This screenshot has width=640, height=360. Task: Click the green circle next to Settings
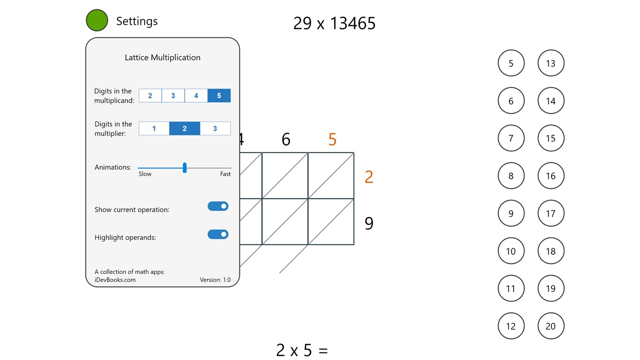point(97,21)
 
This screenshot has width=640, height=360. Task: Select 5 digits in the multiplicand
point(219,96)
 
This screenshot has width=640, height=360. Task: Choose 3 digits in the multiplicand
point(173,96)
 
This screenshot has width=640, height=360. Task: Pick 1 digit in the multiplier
point(154,128)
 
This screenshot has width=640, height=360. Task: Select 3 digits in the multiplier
point(215,128)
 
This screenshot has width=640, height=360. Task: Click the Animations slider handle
point(185,168)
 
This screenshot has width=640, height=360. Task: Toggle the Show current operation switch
point(218,206)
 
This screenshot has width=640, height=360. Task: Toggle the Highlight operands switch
point(218,234)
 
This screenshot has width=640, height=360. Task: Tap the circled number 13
point(551,63)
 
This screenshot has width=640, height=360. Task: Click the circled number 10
point(511,251)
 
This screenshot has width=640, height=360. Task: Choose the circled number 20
point(551,326)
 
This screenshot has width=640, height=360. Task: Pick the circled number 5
point(511,63)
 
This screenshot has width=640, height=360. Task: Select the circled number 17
point(551,214)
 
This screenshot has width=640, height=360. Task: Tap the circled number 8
point(511,176)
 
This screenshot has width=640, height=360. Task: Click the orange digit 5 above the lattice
point(332,140)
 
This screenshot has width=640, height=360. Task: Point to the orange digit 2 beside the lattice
point(369,177)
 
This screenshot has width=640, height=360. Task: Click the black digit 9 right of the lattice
point(369,224)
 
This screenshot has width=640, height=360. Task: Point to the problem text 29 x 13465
point(334,23)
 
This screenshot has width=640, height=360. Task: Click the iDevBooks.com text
point(115,280)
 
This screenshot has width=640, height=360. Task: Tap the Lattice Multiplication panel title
point(163,58)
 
